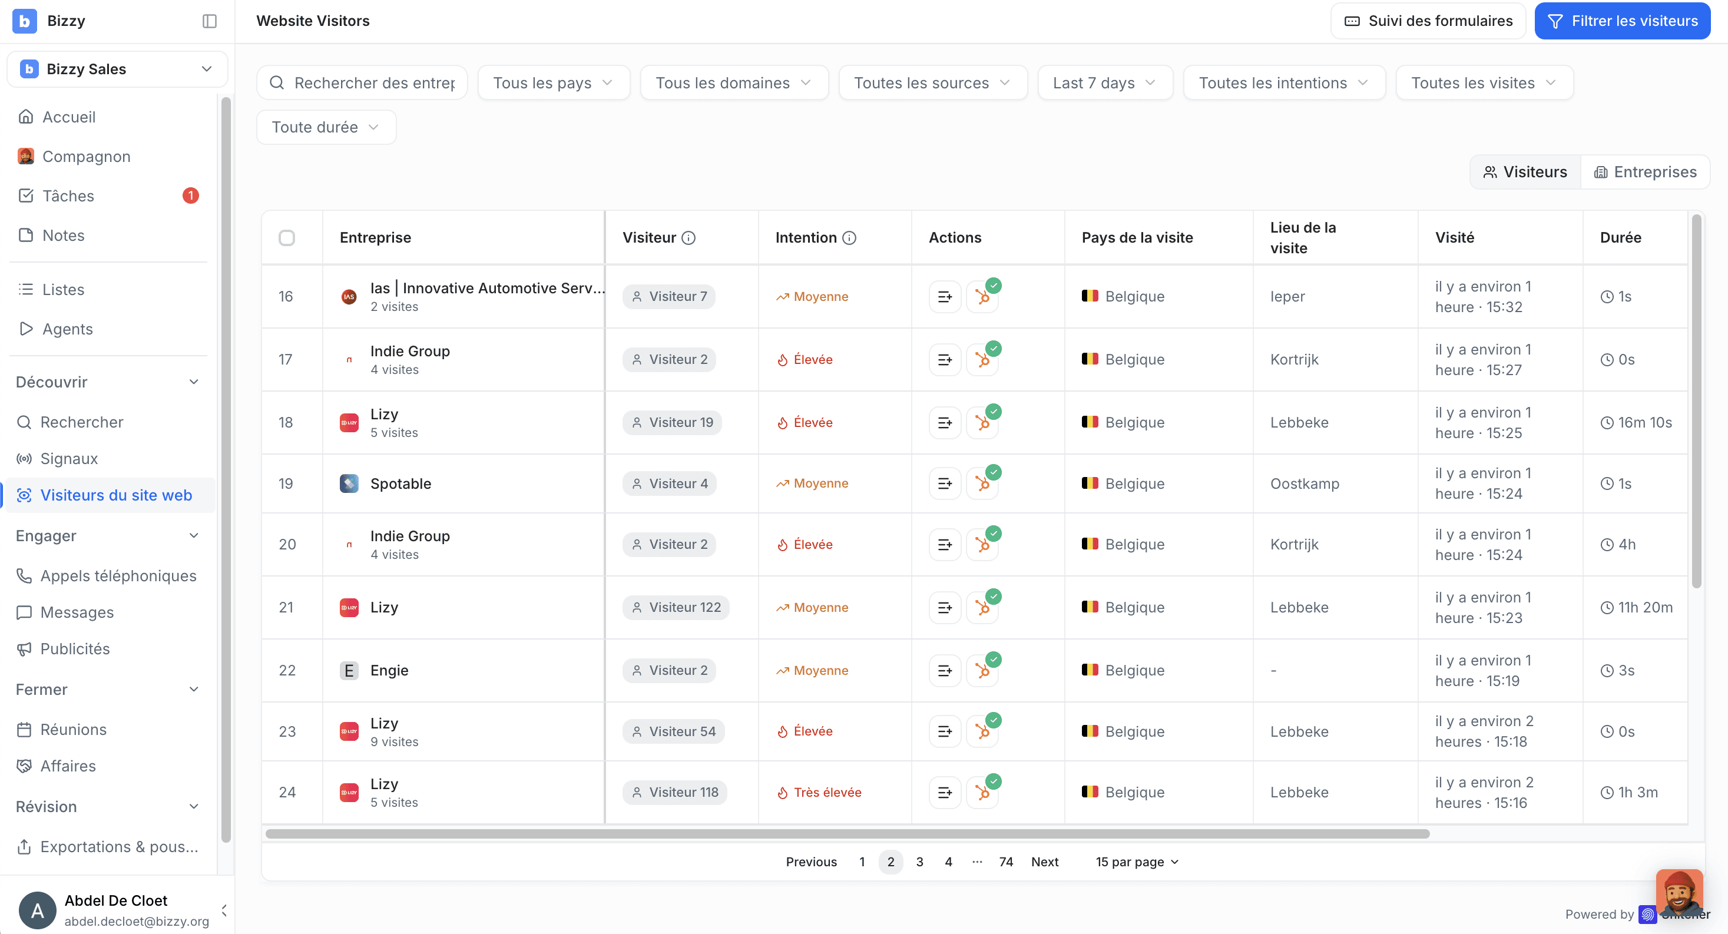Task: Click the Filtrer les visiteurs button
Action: pos(1622,21)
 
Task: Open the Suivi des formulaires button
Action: pos(1428,21)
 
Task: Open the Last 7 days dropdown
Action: pos(1105,82)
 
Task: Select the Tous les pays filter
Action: pos(554,82)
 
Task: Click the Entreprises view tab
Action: pos(1646,172)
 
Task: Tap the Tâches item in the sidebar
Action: pos(68,196)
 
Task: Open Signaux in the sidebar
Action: pos(69,458)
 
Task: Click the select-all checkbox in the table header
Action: pos(286,237)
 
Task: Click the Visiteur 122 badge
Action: pos(676,607)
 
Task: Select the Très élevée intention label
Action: pos(819,793)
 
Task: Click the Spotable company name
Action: pos(400,483)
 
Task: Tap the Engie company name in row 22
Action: pos(389,670)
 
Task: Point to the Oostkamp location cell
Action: pos(1305,483)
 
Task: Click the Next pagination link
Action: pos(1044,862)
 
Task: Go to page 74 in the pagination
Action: pos(1005,862)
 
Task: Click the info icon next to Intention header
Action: pos(849,237)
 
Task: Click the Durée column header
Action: pos(1621,237)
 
